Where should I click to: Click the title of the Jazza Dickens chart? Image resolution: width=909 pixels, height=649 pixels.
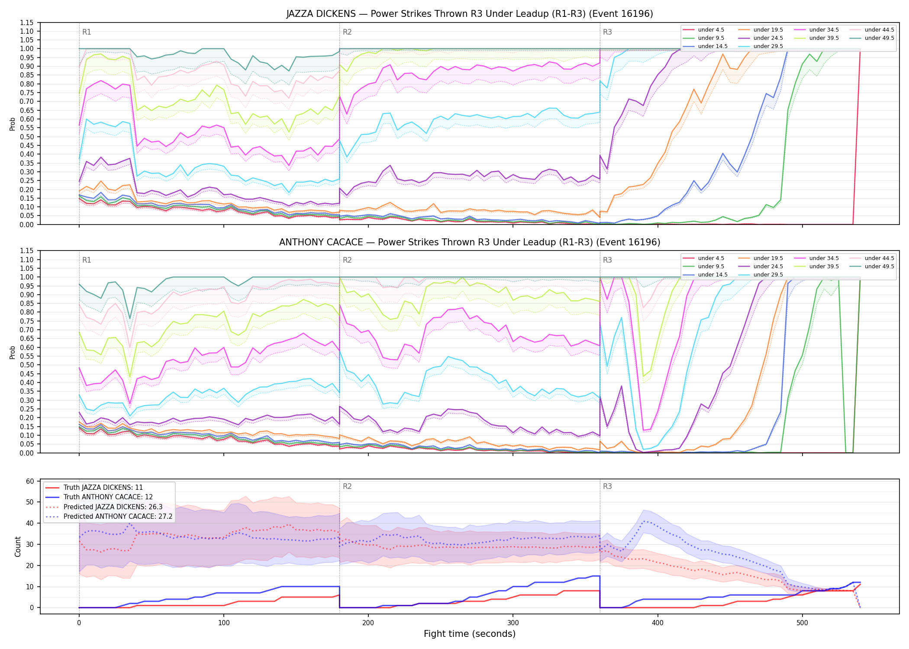click(470, 14)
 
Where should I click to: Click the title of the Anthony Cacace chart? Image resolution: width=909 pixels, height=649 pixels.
click(470, 242)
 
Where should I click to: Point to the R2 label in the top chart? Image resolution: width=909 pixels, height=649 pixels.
click(347, 32)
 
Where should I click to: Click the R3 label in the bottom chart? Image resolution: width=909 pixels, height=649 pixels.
click(607, 486)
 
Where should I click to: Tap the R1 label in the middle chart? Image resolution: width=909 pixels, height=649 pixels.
click(87, 260)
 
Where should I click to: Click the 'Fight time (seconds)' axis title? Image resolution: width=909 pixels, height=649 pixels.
click(470, 634)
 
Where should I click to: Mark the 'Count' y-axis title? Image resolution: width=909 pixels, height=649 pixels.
click(18, 546)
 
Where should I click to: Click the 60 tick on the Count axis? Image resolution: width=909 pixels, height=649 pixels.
click(30, 481)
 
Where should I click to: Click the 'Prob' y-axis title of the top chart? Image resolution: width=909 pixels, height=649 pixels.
click(13, 124)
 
